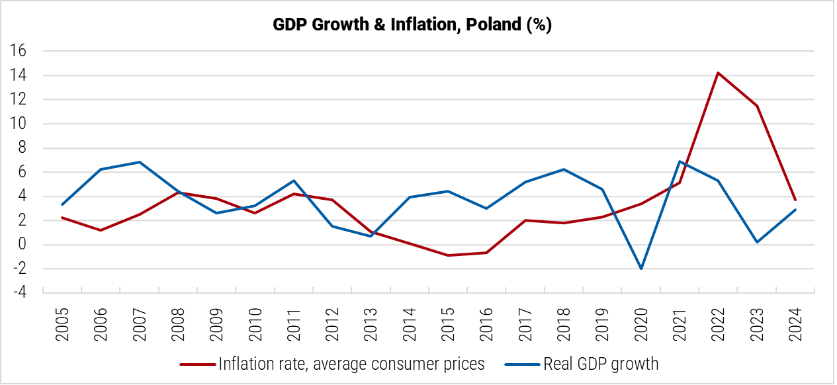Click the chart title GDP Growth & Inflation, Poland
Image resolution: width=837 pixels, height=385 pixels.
(x=412, y=25)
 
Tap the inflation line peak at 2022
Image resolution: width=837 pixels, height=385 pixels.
(x=718, y=73)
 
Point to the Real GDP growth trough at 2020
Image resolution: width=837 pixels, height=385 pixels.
(x=641, y=269)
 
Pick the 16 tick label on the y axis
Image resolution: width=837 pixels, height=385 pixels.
(x=18, y=51)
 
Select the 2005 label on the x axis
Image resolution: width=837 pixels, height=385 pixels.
(x=62, y=323)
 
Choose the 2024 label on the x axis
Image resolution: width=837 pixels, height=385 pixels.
(x=795, y=323)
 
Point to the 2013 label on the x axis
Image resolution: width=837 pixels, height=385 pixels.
(x=371, y=323)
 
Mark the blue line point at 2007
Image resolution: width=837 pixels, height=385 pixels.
(x=140, y=162)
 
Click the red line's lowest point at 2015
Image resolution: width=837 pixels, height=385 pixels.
(x=448, y=255)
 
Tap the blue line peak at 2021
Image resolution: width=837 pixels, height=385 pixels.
(x=680, y=161)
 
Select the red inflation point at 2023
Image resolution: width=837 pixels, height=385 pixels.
(x=757, y=106)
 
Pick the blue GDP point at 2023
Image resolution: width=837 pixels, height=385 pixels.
(x=757, y=242)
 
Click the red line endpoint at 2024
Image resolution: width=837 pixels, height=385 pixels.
(x=794, y=200)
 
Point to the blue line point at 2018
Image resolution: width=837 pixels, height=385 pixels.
(x=564, y=169)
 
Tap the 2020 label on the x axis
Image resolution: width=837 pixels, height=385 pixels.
(x=640, y=323)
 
